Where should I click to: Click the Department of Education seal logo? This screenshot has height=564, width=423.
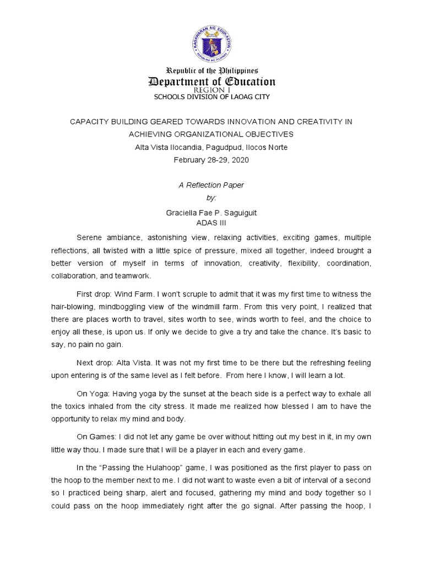[x=212, y=41]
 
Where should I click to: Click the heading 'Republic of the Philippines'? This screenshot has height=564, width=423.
[x=212, y=70]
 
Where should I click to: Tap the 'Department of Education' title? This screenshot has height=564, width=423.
[x=212, y=82]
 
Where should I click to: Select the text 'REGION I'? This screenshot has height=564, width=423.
[x=211, y=90]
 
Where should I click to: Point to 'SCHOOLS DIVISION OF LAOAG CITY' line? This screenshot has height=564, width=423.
[x=211, y=97]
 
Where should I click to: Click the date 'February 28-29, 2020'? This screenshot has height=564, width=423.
[x=211, y=160]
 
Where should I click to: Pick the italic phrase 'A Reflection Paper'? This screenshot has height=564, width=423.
[x=211, y=185]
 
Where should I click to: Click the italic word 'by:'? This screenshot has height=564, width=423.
[x=211, y=197]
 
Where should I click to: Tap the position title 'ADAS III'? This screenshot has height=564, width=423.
[x=211, y=223]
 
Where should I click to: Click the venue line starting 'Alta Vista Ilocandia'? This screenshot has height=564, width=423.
[x=211, y=147]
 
